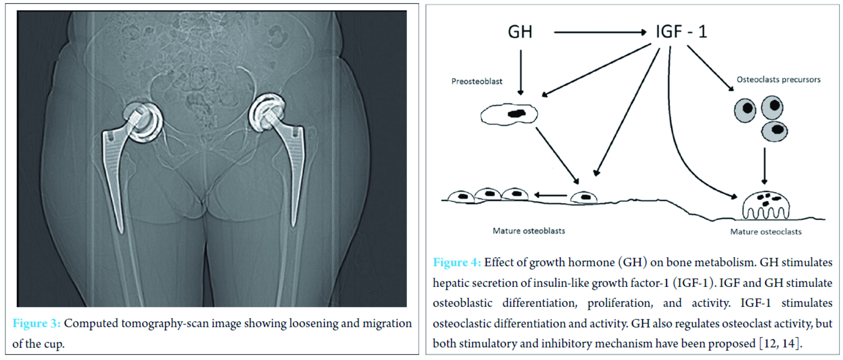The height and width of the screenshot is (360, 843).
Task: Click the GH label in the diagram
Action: coord(520,32)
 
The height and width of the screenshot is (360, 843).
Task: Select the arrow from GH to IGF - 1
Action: coord(600,32)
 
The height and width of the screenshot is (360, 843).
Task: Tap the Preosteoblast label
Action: coord(477,81)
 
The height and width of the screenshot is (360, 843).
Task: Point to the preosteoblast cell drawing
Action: coord(509,115)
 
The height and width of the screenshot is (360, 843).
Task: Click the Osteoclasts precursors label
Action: coord(779,79)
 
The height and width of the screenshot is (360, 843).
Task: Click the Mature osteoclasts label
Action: coord(766,232)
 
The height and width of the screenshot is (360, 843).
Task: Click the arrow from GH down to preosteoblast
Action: coord(521,72)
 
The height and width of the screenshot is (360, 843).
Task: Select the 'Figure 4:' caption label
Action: coord(457,262)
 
